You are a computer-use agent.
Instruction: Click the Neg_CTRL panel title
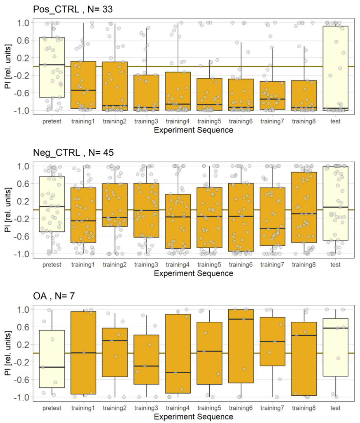[x=73, y=152]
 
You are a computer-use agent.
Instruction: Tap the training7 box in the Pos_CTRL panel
[x=272, y=95]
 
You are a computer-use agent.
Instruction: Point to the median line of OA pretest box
[x=52, y=367]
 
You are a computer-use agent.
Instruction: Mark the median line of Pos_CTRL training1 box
[x=83, y=90]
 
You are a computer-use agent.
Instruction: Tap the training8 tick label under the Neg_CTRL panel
[x=304, y=264]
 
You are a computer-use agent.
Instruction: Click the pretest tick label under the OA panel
[x=52, y=408]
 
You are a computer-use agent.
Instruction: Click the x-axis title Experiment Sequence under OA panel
[x=193, y=417]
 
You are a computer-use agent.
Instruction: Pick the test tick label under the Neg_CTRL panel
[x=335, y=264]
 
